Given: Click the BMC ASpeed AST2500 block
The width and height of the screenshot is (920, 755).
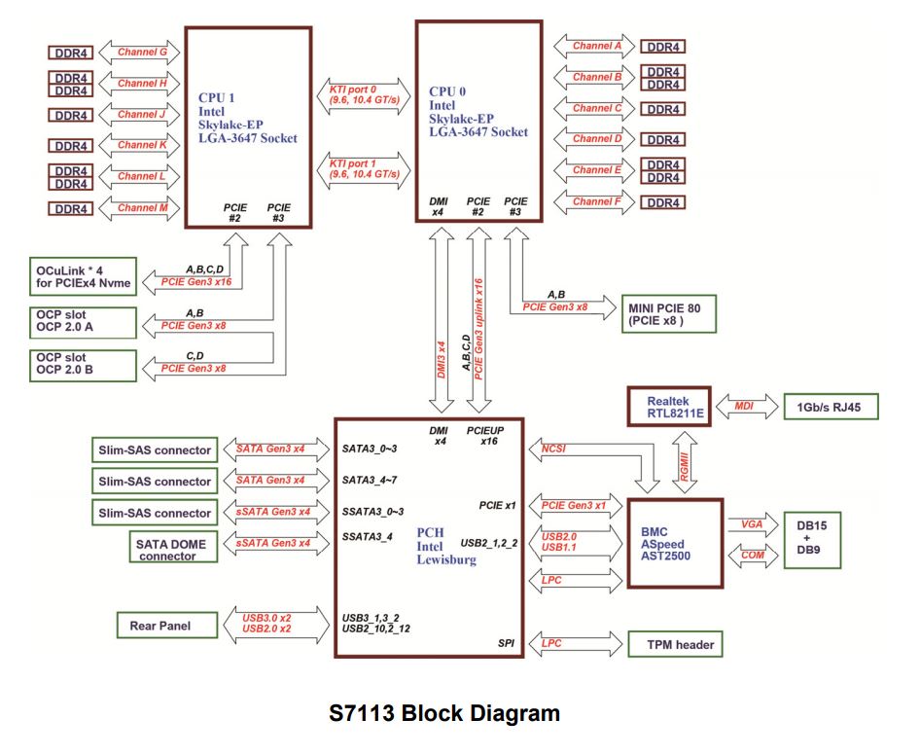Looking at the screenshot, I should (x=675, y=543).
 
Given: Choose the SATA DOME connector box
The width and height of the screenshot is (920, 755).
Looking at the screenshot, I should (x=167, y=547).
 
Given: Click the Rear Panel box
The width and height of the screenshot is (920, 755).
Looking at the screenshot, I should (x=160, y=626).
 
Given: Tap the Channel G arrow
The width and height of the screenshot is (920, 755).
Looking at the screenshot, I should (x=142, y=52).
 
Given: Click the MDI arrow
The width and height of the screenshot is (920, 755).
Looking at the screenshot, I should (x=744, y=407).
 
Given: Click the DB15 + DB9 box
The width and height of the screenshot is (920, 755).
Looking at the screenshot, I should (x=812, y=542).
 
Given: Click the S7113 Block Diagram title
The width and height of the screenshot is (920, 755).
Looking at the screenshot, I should (x=444, y=713).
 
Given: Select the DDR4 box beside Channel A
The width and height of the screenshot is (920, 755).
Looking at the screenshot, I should (x=664, y=47).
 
